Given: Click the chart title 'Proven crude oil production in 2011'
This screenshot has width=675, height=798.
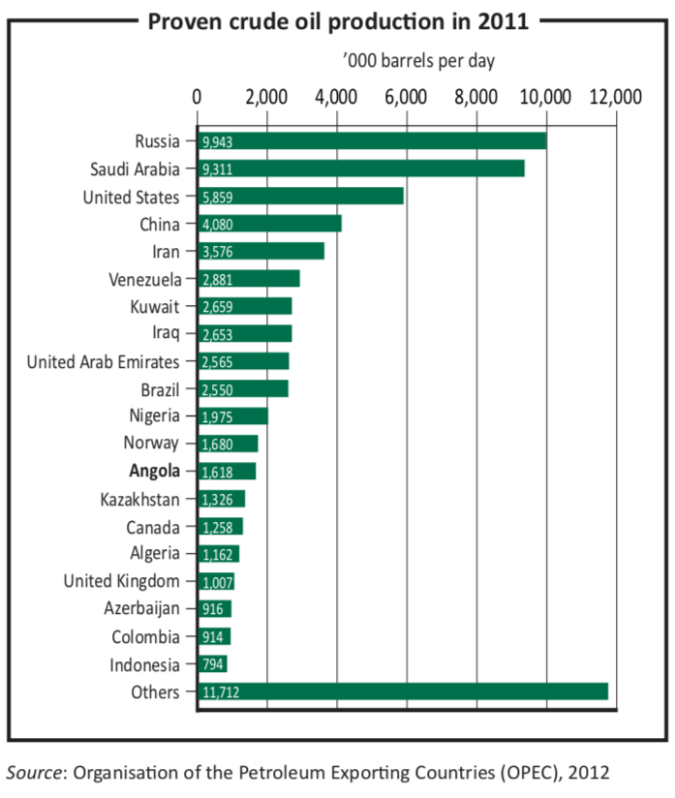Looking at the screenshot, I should click(x=338, y=21).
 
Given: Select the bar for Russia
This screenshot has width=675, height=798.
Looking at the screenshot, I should click(x=372, y=141).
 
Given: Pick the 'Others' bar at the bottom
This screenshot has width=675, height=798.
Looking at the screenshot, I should click(x=403, y=691).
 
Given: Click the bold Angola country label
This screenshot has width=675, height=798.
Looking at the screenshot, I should click(x=154, y=472).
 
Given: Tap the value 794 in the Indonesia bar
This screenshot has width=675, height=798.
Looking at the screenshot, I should click(x=213, y=665).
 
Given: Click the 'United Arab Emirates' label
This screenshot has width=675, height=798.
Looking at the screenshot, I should click(x=103, y=362).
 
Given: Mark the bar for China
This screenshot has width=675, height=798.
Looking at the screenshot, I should click(x=270, y=224).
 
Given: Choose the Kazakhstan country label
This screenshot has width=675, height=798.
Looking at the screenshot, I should click(x=139, y=500).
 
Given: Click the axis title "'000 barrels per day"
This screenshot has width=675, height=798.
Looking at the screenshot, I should click(x=418, y=61).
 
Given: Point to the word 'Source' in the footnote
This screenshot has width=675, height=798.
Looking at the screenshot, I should click(x=35, y=771).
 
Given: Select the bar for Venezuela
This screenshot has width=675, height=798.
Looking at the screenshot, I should click(x=249, y=279).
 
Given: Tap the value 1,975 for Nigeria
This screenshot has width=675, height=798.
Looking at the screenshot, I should click(x=217, y=416).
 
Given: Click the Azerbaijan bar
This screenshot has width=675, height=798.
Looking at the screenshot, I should click(x=214, y=609).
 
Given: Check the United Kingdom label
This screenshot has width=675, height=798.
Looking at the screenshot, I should click(x=121, y=581).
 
